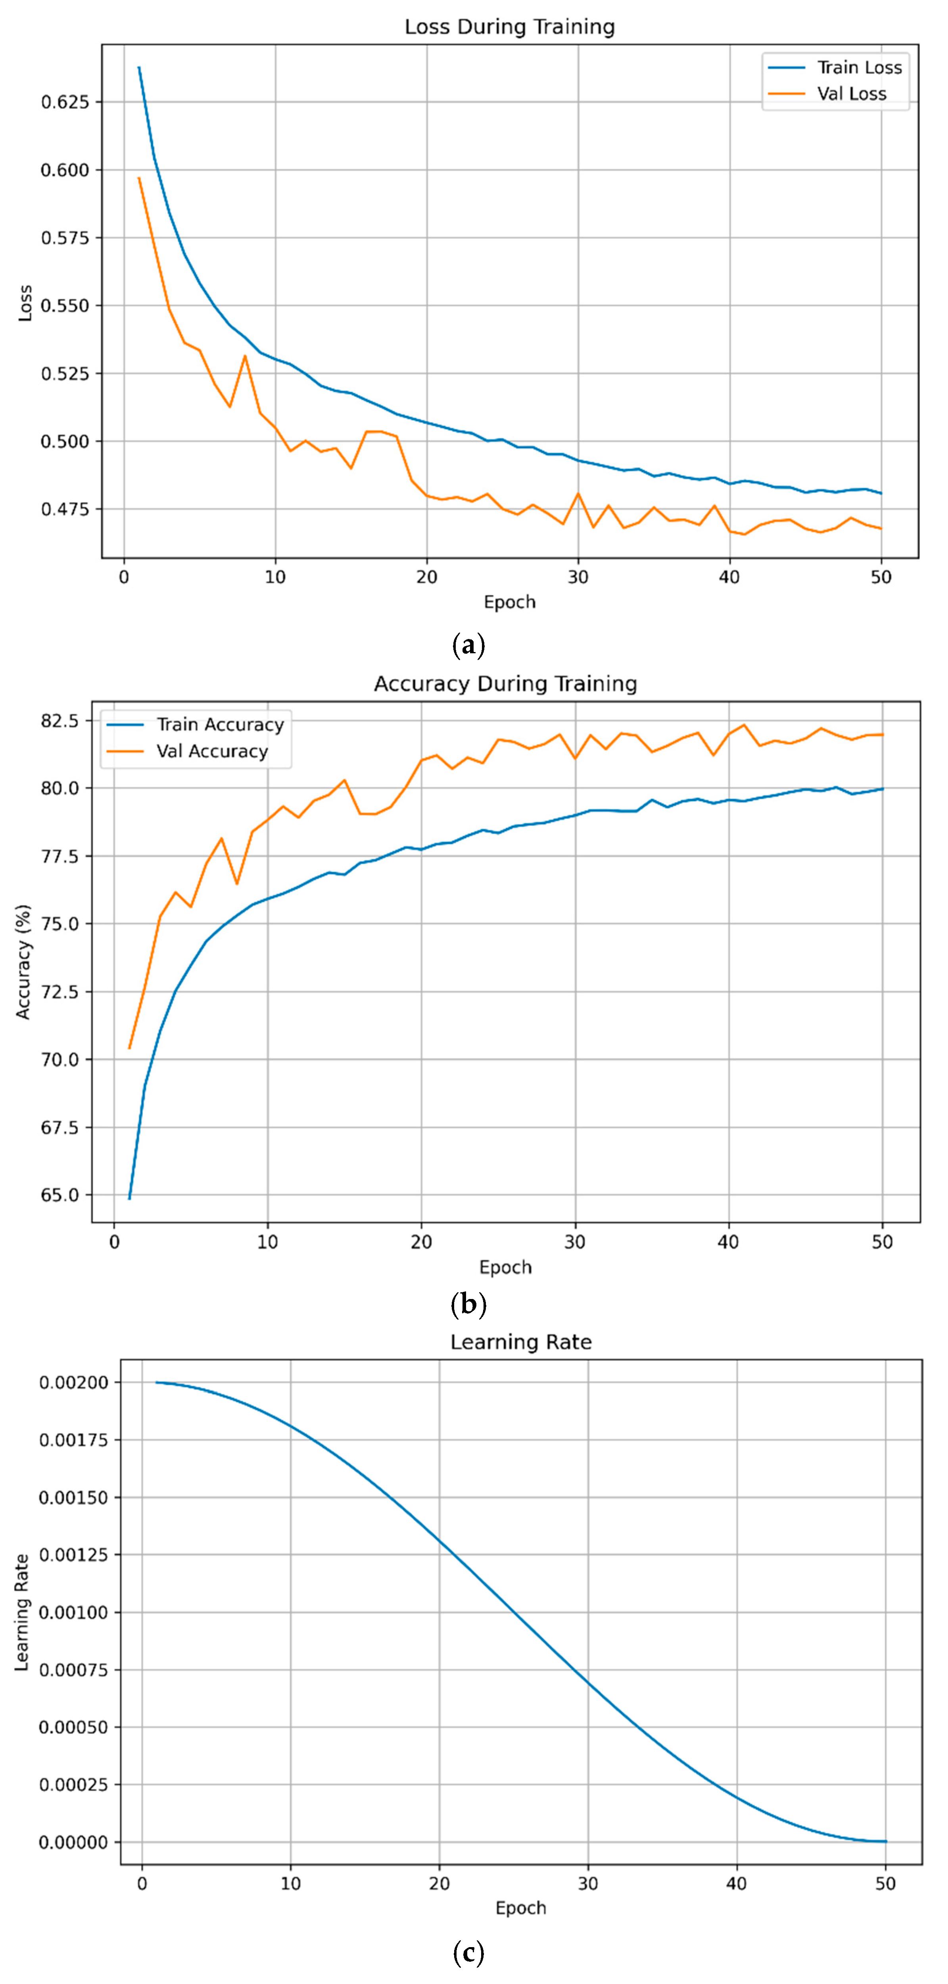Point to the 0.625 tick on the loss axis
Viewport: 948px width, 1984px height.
click(x=65, y=102)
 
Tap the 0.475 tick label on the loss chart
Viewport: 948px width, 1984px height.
click(x=65, y=509)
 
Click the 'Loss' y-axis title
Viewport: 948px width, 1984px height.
click(x=25, y=303)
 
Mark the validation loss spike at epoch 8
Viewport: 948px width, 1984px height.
click(x=245, y=356)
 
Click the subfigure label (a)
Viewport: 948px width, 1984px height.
click(x=468, y=645)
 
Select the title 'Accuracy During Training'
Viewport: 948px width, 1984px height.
click(x=505, y=684)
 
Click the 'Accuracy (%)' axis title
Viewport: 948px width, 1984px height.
click(x=23, y=962)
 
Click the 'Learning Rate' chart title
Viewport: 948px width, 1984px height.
click(x=520, y=1343)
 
